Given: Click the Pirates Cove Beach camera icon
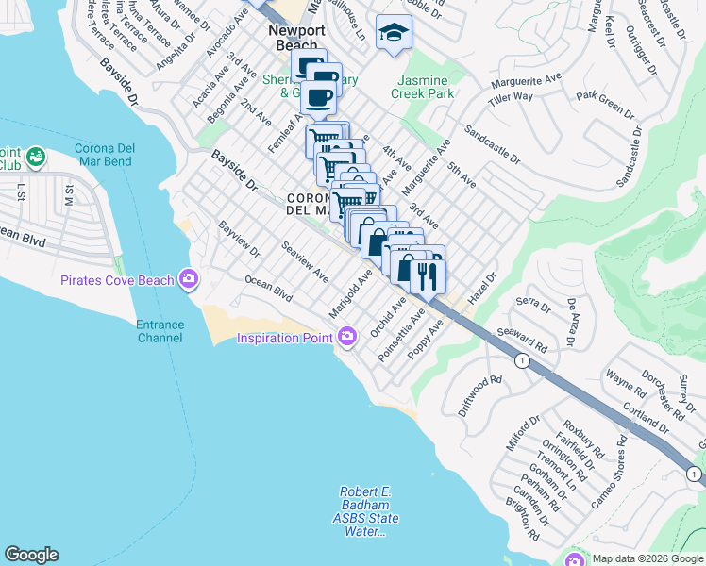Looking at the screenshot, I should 189,279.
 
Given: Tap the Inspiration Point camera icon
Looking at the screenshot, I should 347,337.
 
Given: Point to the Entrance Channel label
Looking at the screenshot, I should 160,332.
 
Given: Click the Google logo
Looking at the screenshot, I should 31,555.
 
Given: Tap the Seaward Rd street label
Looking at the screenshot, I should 535,339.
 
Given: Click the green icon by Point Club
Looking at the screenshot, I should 36,155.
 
